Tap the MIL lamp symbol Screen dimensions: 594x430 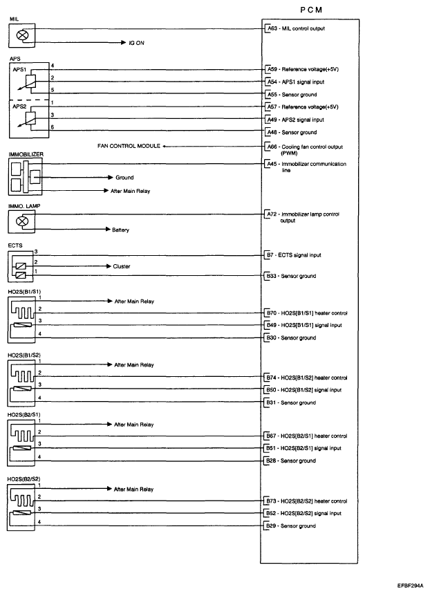(x=23, y=33)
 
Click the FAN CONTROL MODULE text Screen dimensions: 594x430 (x=129, y=147)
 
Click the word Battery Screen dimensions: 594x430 (x=122, y=230)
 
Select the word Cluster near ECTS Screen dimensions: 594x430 (x=122, y=266)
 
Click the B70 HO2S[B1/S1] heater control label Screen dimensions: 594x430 (x=306, y=313)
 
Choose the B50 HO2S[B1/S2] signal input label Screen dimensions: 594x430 (x=305, y=390)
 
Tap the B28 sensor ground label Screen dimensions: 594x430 (x=291, y=461)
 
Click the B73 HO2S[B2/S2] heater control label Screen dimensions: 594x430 (x=306, y=501)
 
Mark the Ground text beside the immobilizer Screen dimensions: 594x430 (x=124, y=178)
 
